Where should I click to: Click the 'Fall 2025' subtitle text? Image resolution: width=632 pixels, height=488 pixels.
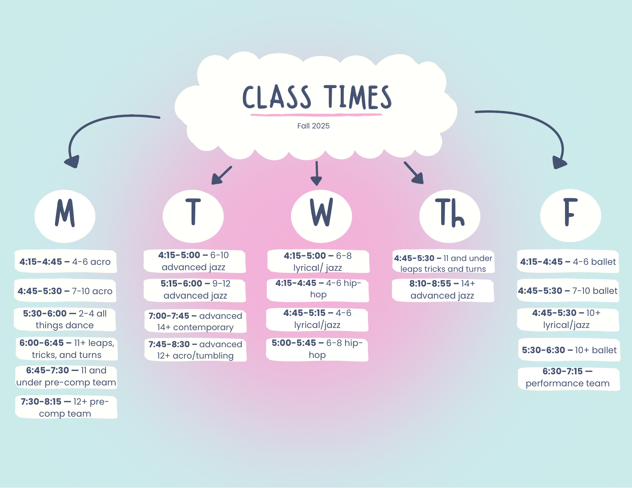313,126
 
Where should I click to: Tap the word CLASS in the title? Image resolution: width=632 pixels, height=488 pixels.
276,97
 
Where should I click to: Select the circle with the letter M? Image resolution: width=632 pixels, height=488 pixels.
65,216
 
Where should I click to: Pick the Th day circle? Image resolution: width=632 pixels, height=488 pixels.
450,216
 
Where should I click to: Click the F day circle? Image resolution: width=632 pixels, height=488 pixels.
570,215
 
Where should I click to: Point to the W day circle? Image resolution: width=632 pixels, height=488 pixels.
321,216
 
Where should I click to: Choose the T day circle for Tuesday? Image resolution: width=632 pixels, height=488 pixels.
193,216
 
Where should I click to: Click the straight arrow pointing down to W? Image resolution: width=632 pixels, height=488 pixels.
316,174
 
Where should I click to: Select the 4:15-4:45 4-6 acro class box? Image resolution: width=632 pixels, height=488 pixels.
65,262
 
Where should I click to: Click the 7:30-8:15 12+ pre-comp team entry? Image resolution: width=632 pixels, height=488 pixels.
66,407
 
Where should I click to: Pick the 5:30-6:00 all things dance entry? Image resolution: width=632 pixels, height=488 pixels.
65,319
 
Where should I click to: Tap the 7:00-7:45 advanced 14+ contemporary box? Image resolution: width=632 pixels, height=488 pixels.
195,321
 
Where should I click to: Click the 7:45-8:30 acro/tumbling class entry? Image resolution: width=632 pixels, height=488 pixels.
195,350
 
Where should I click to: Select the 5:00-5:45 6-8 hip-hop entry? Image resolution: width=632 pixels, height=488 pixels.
317,349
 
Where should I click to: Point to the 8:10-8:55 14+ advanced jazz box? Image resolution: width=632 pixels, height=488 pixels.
442,289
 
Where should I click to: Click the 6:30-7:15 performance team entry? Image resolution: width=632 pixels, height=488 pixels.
568,378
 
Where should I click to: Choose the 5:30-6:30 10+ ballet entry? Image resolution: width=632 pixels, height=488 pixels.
569,350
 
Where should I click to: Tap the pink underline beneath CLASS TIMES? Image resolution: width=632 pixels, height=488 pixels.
316,115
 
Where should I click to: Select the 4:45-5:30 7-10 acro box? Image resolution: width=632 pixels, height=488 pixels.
65,291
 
